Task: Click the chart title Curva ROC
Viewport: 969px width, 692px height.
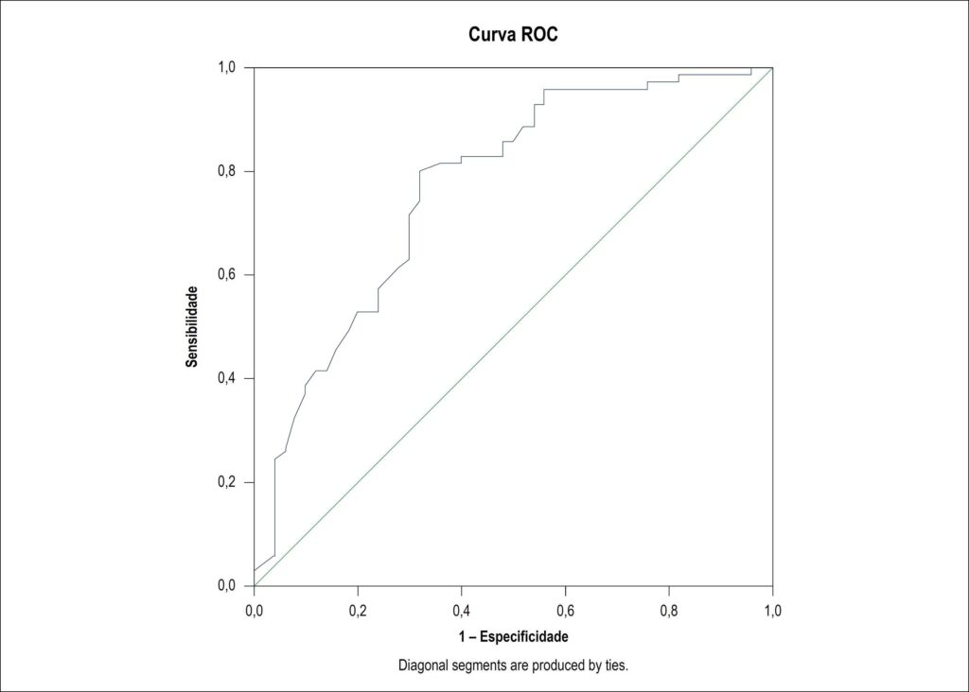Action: [513, 33]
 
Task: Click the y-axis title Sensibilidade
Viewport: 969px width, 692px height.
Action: [192, 326]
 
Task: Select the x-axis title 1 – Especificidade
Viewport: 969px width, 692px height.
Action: [513, 636]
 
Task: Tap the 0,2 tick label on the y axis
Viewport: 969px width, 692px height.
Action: [227, 482]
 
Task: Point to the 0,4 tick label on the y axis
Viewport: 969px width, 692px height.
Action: [227, 378]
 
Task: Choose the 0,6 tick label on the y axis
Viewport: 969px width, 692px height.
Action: [227, 275]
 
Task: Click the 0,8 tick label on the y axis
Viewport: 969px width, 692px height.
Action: [227, 171]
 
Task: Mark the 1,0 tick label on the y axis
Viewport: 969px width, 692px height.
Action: [227, 67]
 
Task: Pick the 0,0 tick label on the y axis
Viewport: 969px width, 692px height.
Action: [227, 585]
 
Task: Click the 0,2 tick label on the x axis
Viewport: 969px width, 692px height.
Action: [358, 611]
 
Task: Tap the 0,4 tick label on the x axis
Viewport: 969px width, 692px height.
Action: [462, 611]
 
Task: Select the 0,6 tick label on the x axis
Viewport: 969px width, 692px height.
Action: [566, 611]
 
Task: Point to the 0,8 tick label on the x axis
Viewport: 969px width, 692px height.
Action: [669, 611]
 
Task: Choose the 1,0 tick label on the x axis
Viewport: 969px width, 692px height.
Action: [772, 611]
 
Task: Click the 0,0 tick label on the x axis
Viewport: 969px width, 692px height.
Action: [254, 611]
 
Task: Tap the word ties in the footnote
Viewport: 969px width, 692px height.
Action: [617, 666]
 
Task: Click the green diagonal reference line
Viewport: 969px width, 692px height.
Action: [514, 326]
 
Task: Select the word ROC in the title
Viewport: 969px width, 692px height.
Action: [539, 33]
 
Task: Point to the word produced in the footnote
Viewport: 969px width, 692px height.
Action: [559, 666]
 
